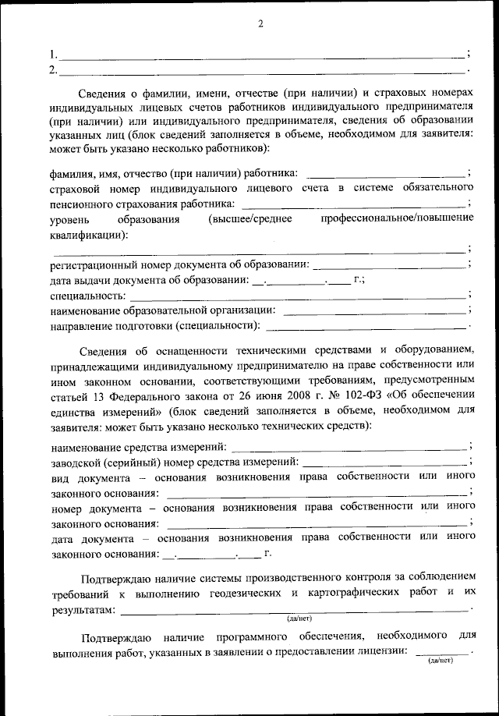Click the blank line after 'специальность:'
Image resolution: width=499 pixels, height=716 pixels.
click(298, 297)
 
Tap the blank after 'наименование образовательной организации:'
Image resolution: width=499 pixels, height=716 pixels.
click(376, 312)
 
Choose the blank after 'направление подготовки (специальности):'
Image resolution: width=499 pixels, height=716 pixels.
click(366, 327)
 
